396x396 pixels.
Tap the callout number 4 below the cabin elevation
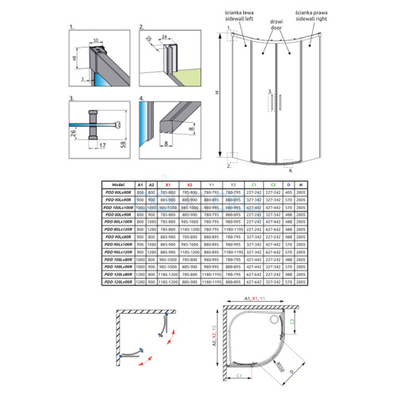(290, 169)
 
